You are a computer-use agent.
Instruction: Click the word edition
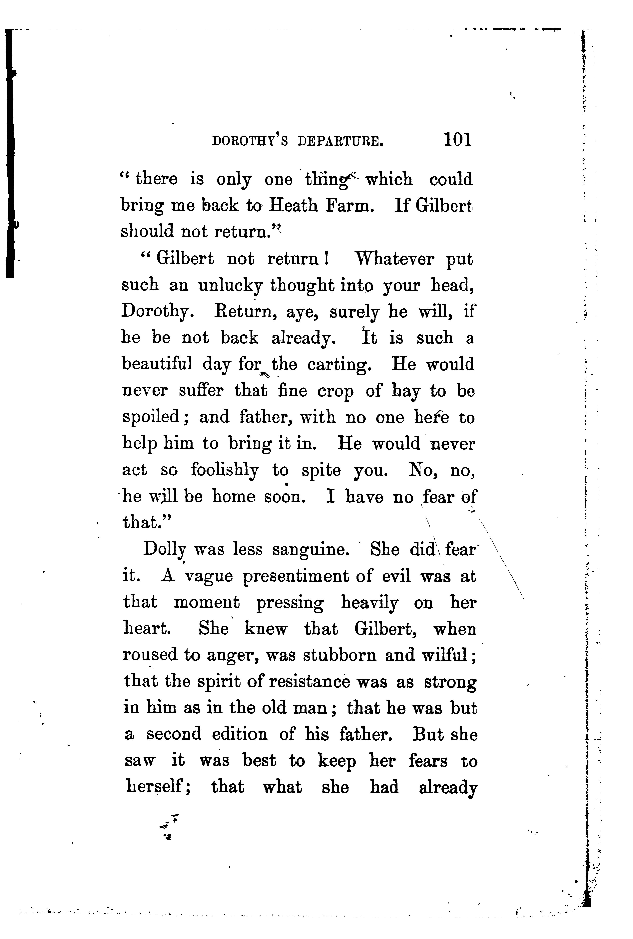[239, 734]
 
